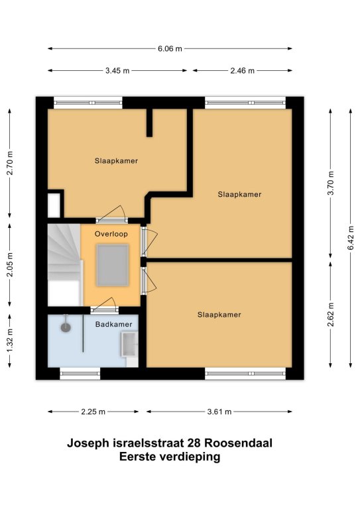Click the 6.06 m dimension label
coord(170,48)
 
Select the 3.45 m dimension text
coord(117,70)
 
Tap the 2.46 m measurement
coord(243,70)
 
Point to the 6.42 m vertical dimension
coord(351,238)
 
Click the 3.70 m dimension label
coord(331,183)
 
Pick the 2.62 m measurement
coord(331,315)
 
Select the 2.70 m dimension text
coord(10,163)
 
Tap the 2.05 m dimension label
coord(10,264)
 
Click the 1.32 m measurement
coord(10,341)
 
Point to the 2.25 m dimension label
coord(93,412)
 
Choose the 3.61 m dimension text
coord(219,412)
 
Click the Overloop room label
coord(111,234)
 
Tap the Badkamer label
coord(113,324)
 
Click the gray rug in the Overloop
coord(113,266)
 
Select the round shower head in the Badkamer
coord(66,327)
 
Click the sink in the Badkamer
coord(129,344)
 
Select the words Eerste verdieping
coord(170,457)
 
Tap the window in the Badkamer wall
coord(80,374)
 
